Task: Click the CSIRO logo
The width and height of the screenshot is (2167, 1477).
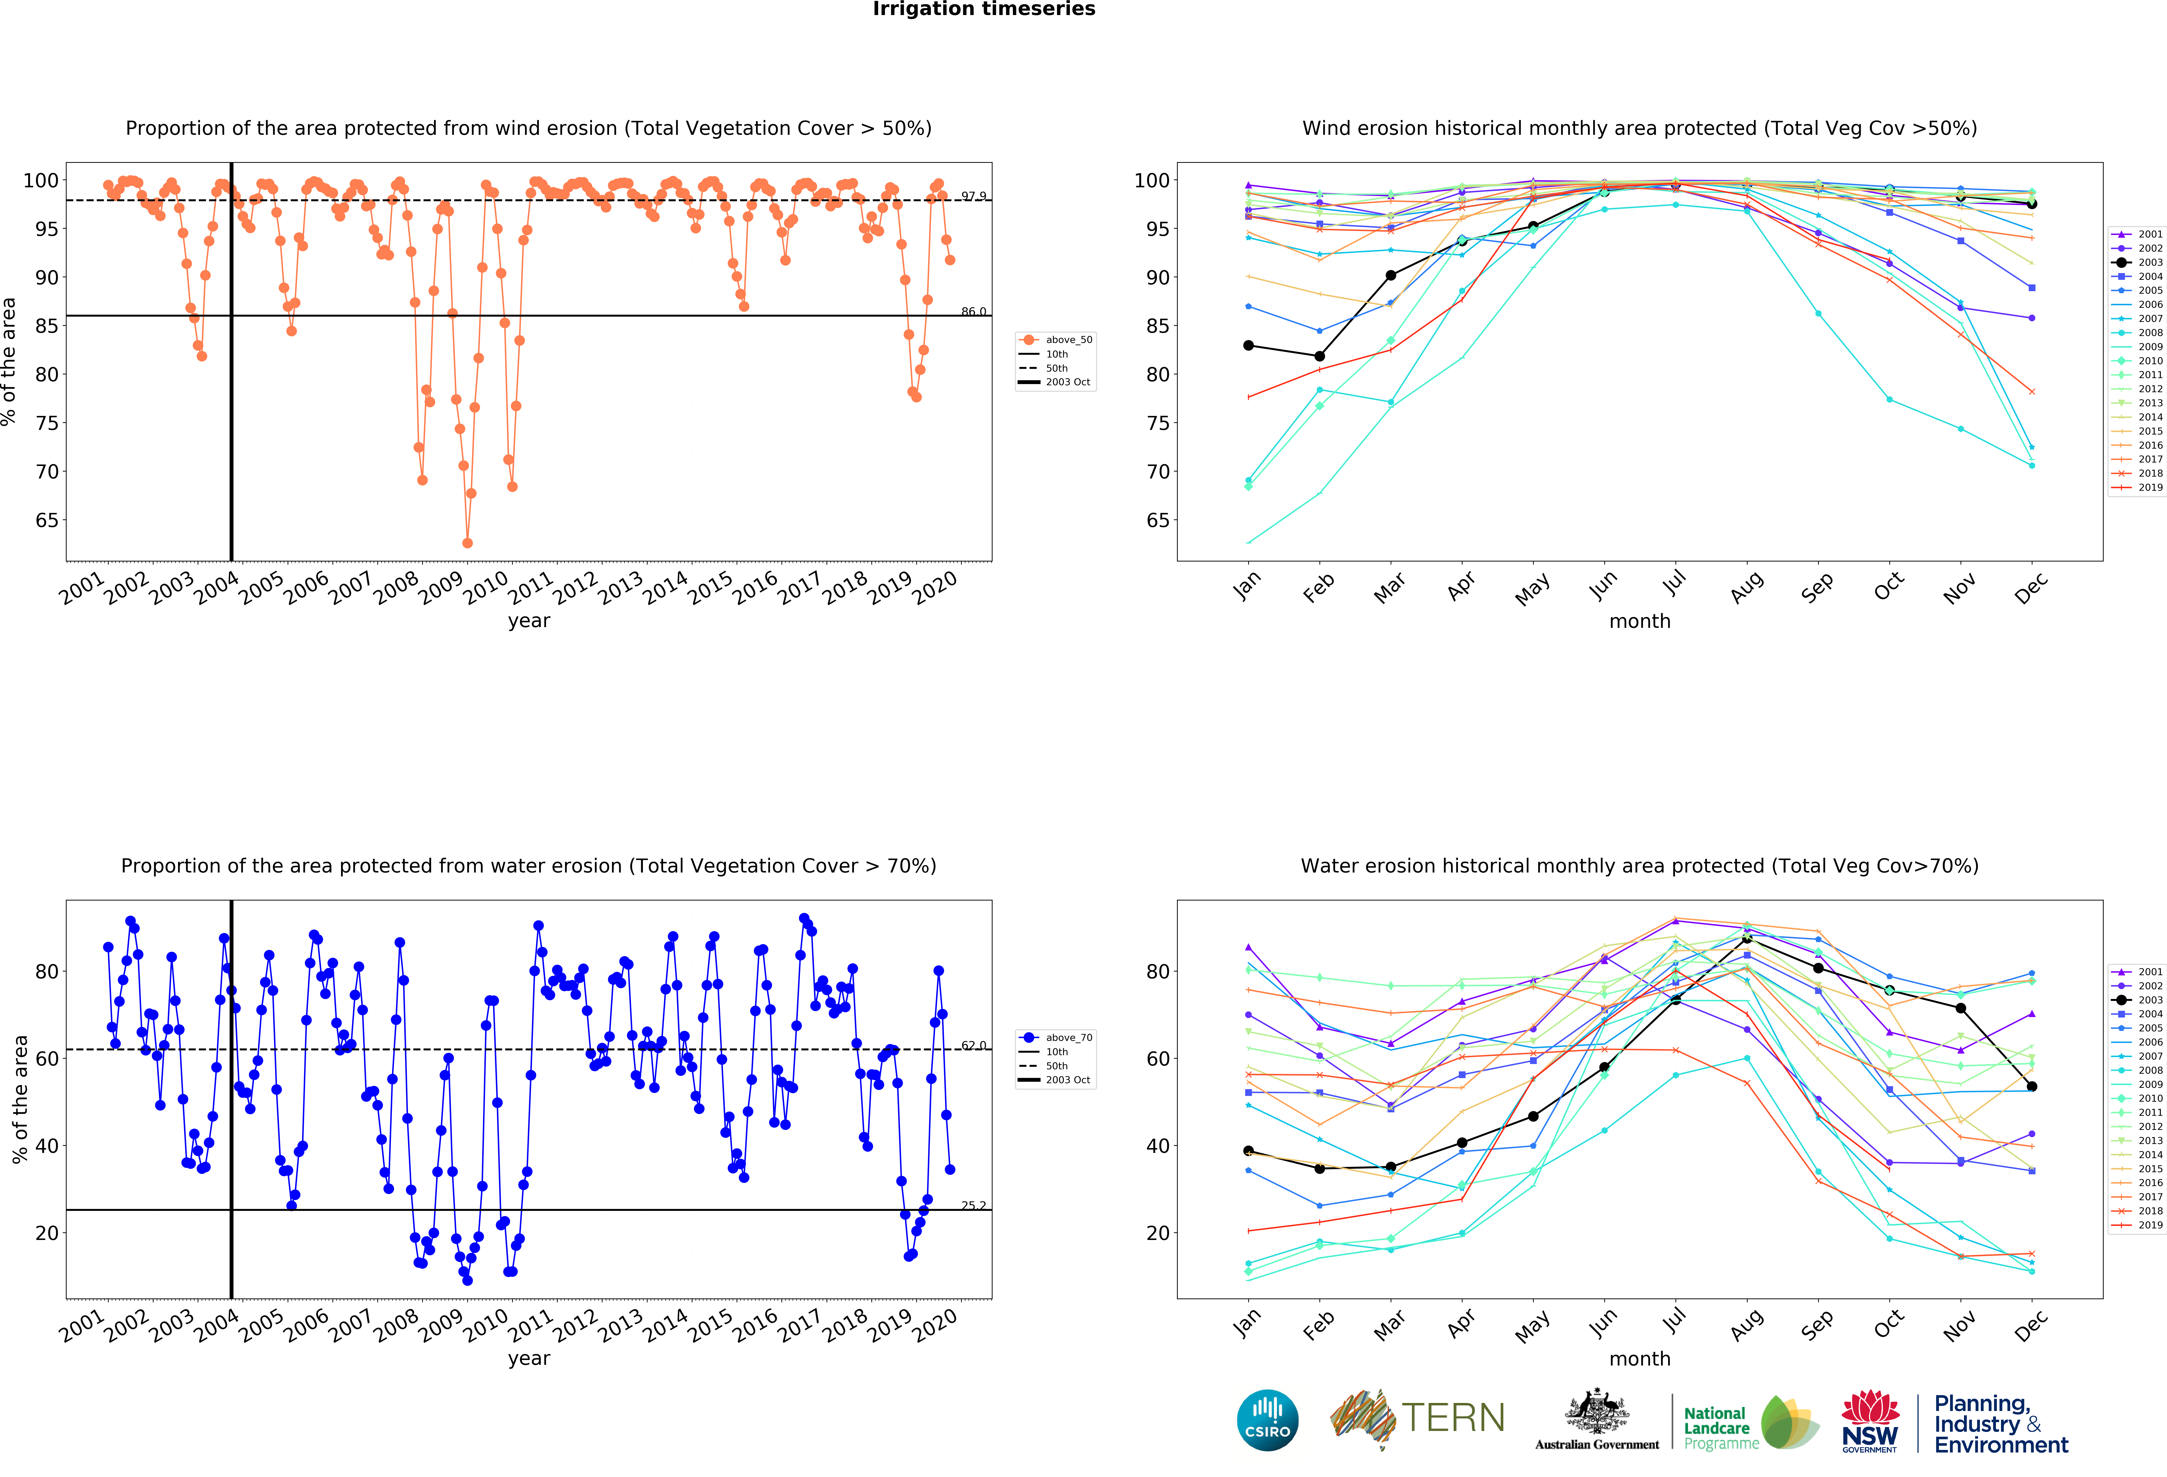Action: click(x=1267, y=1420)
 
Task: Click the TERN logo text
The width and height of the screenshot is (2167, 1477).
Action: click(x=1453, y=1418)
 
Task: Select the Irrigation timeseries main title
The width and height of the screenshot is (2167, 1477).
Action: click(x=984, y=9)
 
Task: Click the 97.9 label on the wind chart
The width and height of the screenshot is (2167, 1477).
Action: click(x=974, y=196)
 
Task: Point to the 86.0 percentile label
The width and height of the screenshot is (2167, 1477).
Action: click(x=974, y=311)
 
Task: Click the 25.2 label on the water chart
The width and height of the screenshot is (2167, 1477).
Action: click(x=974, y=1206)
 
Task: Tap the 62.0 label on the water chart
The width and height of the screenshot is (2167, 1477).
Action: click(x=974, y=1045)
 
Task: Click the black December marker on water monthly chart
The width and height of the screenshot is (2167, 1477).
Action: click(x=2032, y=1086)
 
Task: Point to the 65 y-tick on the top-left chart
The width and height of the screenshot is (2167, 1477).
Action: click(x=47, y=520)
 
